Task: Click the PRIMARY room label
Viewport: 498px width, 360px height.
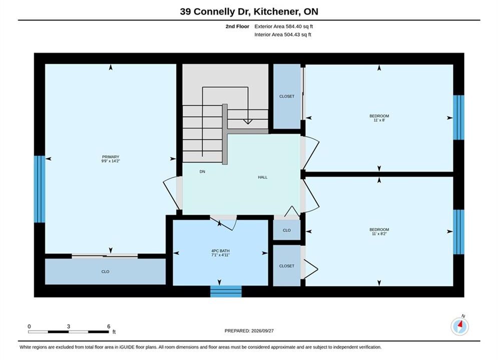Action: (x=111, y=156)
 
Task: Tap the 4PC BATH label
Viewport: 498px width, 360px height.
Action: (x=220, y=250)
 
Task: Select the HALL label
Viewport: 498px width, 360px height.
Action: (x=263, y=177)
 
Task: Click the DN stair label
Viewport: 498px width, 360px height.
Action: (x=202, y=171)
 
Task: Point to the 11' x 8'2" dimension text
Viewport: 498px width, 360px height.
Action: (x=379, y=234)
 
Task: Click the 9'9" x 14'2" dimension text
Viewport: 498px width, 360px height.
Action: (x=111, y=161)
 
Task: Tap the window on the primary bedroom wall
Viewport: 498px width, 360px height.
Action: (x=40, y=189)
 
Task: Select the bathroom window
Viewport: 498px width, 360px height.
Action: (x=226, y=291)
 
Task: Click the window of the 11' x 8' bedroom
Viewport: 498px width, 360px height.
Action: (x=458, y=117)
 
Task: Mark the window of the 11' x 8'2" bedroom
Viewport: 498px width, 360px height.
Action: (x=458, y=232)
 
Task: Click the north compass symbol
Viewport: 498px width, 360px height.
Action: (x=459, y=326)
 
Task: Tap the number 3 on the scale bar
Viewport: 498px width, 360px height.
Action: (x=68, y=326)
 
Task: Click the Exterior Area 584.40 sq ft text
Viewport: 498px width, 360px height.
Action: (x=284, y=26)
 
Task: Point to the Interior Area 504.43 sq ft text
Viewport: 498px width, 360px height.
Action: (x=283, y=34)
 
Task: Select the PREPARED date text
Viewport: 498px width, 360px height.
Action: (x=249, y=331)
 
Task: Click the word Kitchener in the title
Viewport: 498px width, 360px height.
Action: (x=276, y=11)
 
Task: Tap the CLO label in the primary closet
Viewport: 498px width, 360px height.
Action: (x=105, y=272)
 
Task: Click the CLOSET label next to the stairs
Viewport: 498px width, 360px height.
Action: (x=287, y=96)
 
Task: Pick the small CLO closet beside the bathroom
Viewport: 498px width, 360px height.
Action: (x=287, y=230)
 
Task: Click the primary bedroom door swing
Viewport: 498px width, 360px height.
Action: (x=171, y=194)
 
